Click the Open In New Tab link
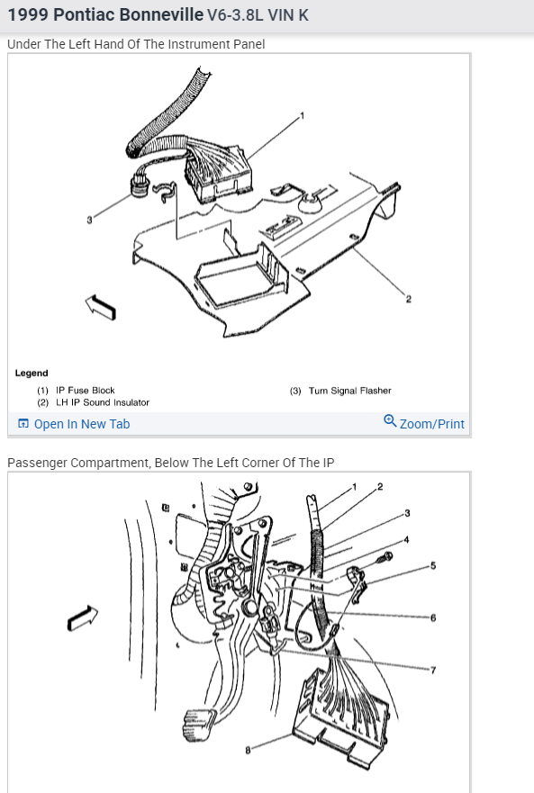click(74, 424)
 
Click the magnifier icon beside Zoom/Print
click(390, 421)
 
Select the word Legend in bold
click(32, 374)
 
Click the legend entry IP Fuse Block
click(85, 391)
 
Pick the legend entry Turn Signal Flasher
click(349, 391)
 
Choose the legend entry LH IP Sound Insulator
click(103, 402)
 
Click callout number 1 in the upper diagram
click(303, 116)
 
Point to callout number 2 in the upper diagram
click(409, 300)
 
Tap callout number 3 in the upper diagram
click(89, 220)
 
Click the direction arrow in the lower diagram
click(83, 617)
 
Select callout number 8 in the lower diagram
click(248, 750)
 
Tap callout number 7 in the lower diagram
click(433, 671)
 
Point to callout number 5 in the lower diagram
click(433, 566)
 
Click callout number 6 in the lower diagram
click(433, 618)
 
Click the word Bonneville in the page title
click(128, 14)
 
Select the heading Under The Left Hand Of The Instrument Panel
click(136, 44)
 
